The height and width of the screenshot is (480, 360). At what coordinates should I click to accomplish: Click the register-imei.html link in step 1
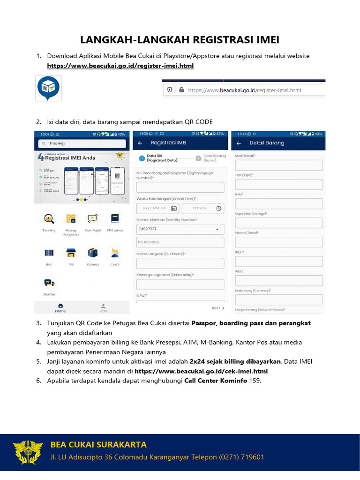[120, 66]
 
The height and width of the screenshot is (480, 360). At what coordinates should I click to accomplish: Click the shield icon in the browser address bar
[170, 90]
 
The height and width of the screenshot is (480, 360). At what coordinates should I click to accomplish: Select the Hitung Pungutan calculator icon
[71, 218]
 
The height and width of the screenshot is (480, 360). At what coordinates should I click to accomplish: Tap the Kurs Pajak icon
[92, 218]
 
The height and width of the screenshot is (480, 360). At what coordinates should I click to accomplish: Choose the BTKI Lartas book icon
[114, 218]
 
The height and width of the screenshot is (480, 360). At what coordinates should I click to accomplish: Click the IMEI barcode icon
[49, 253]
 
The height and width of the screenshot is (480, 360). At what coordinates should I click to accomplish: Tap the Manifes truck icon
[49, 283]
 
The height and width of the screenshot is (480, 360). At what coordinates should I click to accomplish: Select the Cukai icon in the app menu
[114, 253]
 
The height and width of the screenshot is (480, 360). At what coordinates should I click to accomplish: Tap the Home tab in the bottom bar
[60, 307]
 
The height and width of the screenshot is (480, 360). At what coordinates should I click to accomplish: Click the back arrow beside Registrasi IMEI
[140, 143]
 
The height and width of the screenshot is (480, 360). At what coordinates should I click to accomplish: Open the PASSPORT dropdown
[180, 229]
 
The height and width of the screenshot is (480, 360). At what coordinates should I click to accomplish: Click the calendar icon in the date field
[173, 208]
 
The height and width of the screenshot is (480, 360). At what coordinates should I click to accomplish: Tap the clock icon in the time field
[218, 208]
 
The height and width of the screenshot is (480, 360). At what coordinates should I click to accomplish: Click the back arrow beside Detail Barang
[239, 143]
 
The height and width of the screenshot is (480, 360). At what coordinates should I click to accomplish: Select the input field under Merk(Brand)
[278, 165]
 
